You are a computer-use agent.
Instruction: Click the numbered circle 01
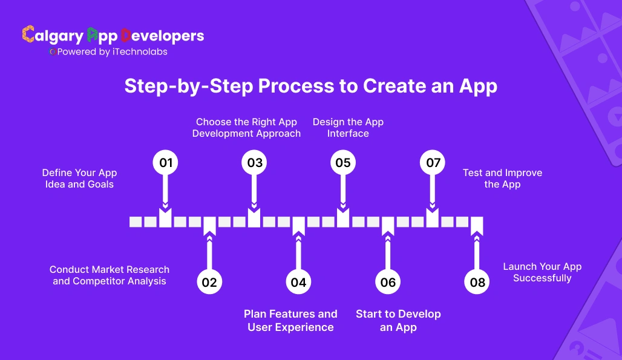pos(165,163)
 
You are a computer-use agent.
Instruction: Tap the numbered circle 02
pos(209,282)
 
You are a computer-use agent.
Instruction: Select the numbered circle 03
pos(254,163)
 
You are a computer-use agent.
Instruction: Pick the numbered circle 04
pos(298,282)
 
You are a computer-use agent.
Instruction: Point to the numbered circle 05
pos(343,163)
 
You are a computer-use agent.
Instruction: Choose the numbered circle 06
pos(388,282)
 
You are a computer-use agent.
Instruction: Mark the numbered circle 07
pos(433,163)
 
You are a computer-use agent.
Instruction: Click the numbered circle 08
pos(477,282)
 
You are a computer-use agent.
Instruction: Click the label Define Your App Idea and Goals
pos(79,178)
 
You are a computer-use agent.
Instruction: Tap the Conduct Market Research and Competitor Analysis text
pos(110,275)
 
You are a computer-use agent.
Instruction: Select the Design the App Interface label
pos(348,128)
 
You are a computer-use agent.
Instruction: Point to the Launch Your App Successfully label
pos(542,272)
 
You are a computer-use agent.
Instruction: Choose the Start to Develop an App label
pos(398,321)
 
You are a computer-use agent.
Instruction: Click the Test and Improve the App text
pos(502,178)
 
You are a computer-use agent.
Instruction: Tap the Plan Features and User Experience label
pos(290,321)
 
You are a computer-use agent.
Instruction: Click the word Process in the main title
pos(296,87)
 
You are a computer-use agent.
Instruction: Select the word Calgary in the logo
pos(53,36)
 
